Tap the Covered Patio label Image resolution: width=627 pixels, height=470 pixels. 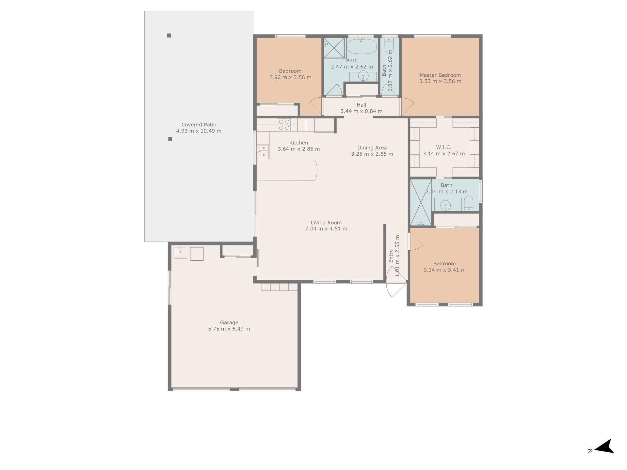(x=199, y=125)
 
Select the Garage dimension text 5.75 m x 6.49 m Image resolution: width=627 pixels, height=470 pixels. (x=229, y=329)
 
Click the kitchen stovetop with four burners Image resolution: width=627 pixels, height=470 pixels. (x=284, y=125)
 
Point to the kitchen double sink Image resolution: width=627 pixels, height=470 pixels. (x=264, y=152)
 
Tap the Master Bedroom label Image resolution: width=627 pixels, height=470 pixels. (x=440, y=75)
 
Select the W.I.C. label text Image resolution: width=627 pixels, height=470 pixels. (x=443, y=148)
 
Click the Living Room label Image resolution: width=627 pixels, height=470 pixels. (x=326, y=223)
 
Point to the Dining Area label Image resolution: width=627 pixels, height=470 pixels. (x=372, y=148)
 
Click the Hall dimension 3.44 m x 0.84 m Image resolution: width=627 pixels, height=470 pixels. (x=362, y=111)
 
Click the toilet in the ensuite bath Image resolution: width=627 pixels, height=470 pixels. (x=469, y=203)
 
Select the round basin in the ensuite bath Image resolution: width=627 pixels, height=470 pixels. (x=445, y=205)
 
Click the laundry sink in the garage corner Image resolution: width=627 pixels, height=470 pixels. (x=180, y=252)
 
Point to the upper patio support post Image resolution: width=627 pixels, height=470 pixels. (x=169, y=36)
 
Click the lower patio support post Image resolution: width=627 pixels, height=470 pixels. (x=170, y=139)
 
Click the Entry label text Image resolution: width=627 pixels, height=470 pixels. (x=391, y=256)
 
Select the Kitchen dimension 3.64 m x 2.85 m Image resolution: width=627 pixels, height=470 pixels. (x=299, y=149)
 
